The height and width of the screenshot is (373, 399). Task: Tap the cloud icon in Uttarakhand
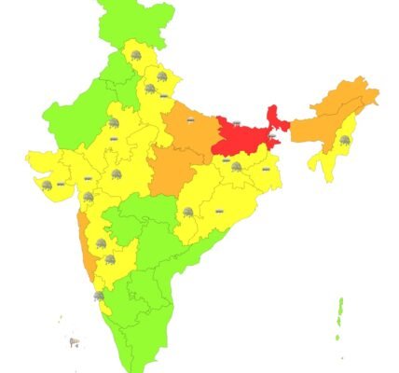161,76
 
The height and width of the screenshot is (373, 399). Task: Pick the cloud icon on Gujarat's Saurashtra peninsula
47,185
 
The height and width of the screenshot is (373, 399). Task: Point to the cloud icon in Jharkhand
237,166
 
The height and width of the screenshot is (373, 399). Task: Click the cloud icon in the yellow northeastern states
345,140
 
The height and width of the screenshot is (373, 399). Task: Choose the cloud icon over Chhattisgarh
188,213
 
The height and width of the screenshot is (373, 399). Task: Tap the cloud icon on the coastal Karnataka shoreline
99,296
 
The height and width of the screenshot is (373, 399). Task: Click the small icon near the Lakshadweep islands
74,342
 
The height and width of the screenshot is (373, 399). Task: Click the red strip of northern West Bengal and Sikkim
276,121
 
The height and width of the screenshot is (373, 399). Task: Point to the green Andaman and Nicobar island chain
340,317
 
